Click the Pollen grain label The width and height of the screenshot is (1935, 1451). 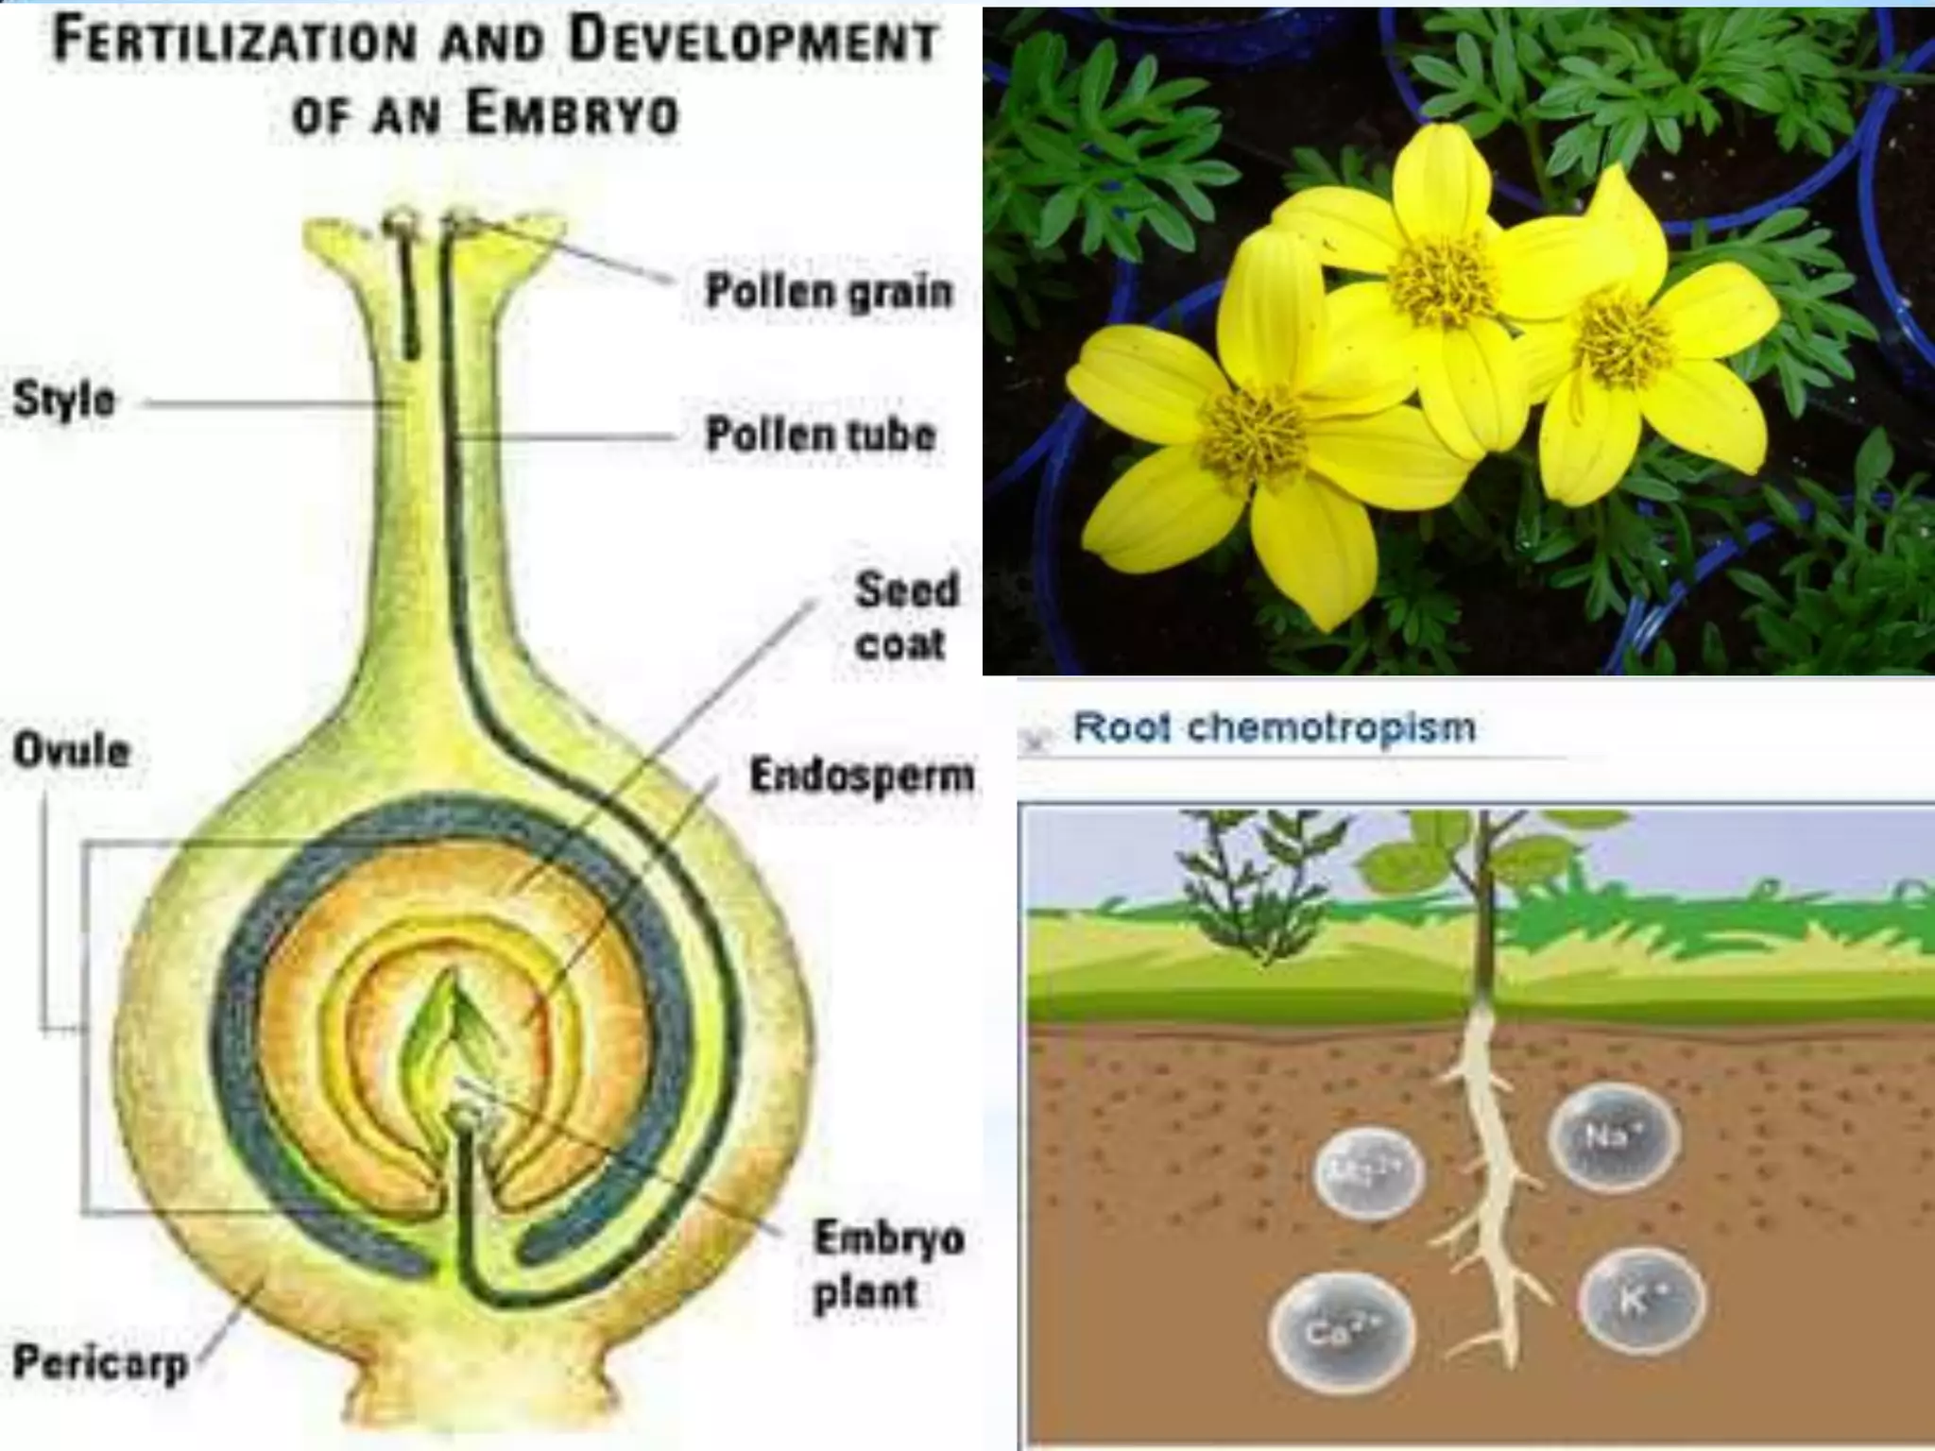(x=829, y=291)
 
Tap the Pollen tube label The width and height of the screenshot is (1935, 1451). (x=821, y=435)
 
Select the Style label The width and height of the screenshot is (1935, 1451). (x=64, y=400)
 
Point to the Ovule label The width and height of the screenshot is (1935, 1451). (x=71, y=751)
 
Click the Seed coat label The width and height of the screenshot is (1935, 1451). (x=904, y=616)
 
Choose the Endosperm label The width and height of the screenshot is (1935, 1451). (x=861, y=776)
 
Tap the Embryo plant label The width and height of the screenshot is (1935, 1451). (x=887, y=1265)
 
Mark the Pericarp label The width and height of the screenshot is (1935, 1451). (x=99, y=1363)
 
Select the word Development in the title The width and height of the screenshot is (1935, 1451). (x=754, y=42)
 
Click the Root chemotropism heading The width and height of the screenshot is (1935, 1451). (x=1274, y=727)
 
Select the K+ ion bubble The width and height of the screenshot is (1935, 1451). (x=1641, y=1302)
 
